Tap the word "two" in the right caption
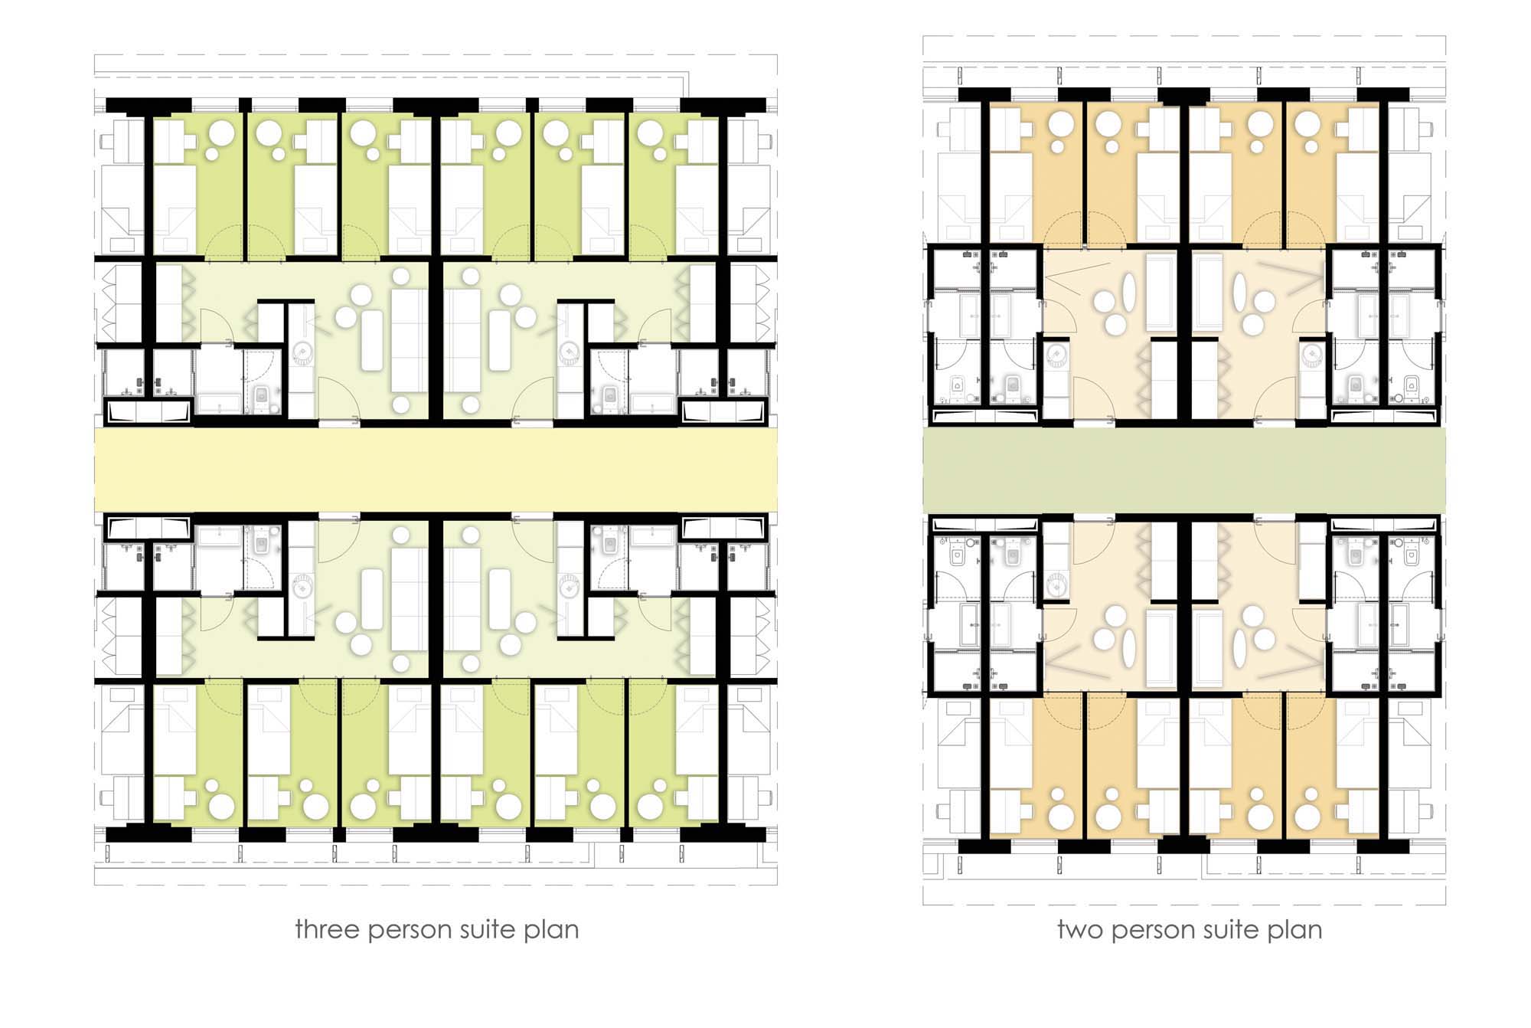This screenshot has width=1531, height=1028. (1080, 930)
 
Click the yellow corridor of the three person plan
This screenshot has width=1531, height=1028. (436, 470)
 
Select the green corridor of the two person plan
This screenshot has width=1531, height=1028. (1183, 470)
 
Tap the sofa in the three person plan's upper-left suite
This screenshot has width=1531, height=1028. (409, 329)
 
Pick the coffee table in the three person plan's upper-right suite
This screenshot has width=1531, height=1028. (500, 340)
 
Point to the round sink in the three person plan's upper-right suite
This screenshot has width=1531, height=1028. (569, 352)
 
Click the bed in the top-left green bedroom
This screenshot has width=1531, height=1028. (175, 209)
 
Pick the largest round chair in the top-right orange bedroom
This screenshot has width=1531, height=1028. (1308, 123)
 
